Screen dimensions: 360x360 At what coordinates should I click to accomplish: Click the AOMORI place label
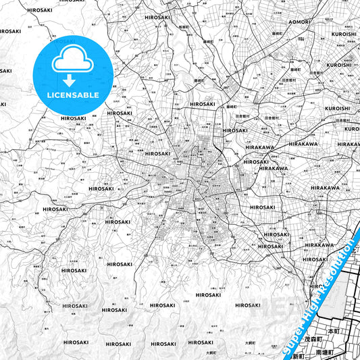click(x=299, y=22)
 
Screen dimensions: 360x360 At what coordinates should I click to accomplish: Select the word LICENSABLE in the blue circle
click(x=73, y=95)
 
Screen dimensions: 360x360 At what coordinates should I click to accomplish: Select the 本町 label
click(x=333, y=332)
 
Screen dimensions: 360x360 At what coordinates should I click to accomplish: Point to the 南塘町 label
click(x=325, y=353)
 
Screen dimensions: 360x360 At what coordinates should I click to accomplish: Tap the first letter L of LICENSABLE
click(x=49, y=95)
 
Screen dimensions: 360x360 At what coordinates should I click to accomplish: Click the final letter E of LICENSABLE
click(x=97, y=95)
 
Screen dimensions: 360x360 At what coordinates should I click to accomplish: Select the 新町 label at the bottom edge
click(x=298, y=356)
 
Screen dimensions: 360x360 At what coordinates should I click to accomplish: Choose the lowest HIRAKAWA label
click(x=319, y=245)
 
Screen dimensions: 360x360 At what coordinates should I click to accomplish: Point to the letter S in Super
click(x=285, y=352)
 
